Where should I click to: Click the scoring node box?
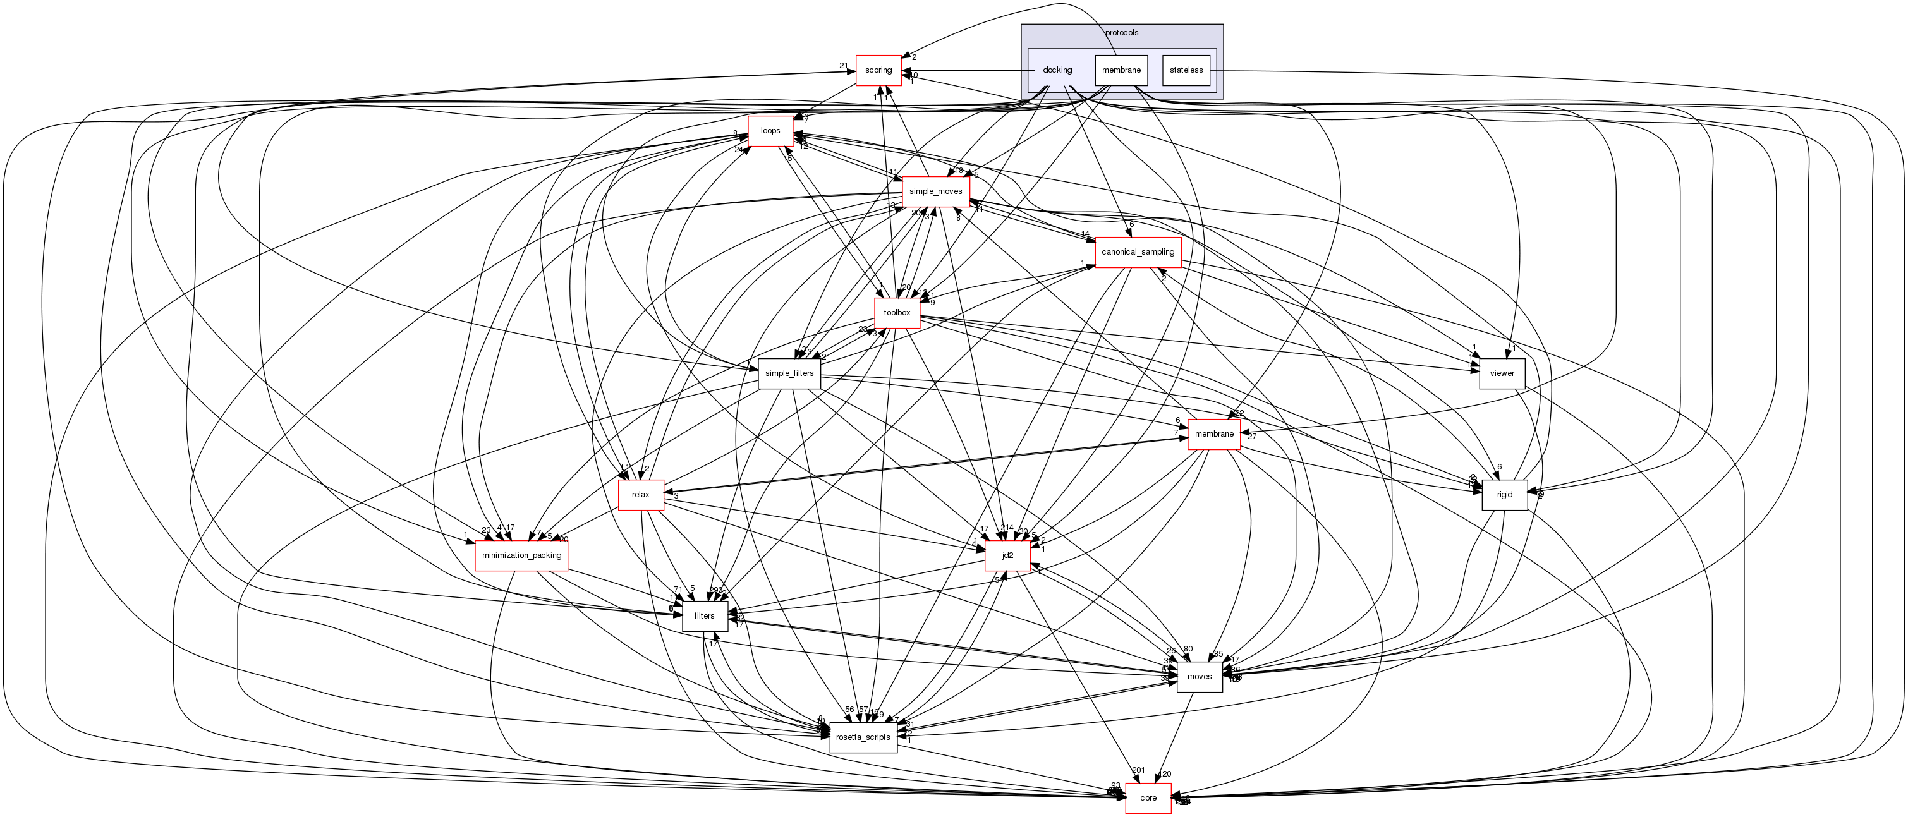[x=878, y=70]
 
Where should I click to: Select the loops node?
[x=770, y=131]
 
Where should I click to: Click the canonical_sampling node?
[x=1138, y=253]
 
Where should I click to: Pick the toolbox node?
[x=897, y=313]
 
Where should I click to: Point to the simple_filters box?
[x=789, y=373]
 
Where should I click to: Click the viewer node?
[x=1502, y=373]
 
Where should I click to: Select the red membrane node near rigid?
[x=1214, y=434]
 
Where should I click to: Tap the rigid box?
[x=1504, y=495]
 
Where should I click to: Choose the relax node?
[x=641, y=495]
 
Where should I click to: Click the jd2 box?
[x=1007, y=555]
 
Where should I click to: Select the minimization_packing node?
[x=521, y=555]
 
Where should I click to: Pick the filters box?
[x=705, y=616]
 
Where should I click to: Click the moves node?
[x=1199, y=677]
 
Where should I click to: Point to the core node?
[x=1148, y=798]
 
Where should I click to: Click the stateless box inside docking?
[x=1186, y=70]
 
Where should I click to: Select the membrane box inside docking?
[x=1121, y=70]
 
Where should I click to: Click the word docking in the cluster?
[x=1057, y=70]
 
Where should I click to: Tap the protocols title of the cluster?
[x=1121, y=33]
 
